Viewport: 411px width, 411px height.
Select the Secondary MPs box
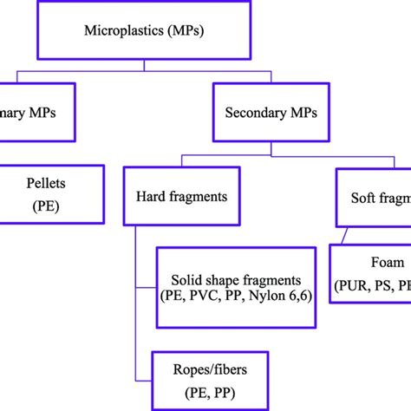[271, 112]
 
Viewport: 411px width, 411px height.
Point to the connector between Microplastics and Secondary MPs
[271, 74]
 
